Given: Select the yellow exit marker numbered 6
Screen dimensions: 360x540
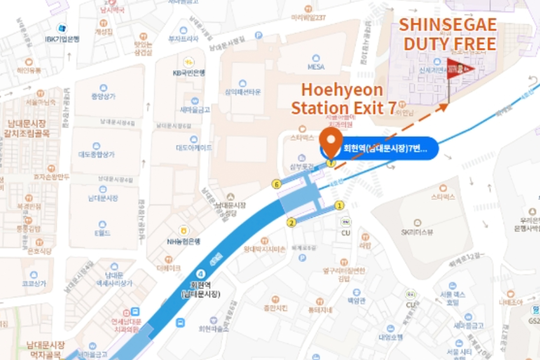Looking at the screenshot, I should [x=277, y=184].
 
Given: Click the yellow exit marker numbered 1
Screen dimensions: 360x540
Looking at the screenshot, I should [x=340, y=206].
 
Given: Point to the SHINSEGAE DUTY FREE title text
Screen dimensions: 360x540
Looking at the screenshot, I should [x=448, y=34].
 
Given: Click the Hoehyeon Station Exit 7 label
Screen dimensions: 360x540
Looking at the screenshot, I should [x=343, y=99].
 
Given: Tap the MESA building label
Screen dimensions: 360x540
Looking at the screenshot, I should [x=316, y=67].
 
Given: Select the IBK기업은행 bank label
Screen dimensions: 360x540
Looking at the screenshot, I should [x=62, y=39].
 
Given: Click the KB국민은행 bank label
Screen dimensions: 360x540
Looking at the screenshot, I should [x=189, y=72].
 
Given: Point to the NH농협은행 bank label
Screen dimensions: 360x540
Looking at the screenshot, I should [x=184, y=241].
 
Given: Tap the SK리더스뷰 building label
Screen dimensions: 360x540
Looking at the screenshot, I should [x=417, y=232].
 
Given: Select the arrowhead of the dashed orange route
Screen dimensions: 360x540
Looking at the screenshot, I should [x=444, y=107].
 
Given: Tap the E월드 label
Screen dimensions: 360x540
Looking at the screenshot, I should [x=103, y=233].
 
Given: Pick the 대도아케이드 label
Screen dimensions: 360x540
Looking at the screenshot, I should [x=193, y=148].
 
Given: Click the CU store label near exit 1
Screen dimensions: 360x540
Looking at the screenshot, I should [x=346, y=233].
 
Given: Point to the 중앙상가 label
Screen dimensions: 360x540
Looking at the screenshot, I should [x=103, y=96].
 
